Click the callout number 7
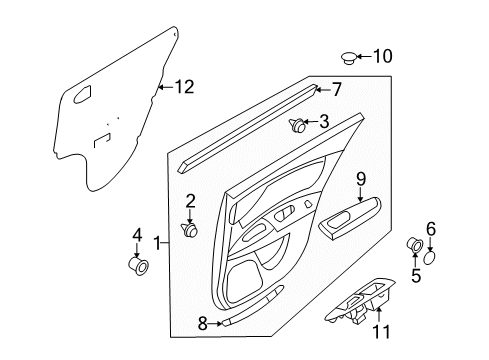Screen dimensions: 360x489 [x=337, y=89]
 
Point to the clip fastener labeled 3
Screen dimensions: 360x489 [x=299, y=125]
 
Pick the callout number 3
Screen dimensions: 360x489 [x=325, y=123]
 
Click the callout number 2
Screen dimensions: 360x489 [x=190, y=201]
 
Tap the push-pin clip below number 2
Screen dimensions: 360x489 [x=190, y=231]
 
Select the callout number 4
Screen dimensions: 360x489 [x=137, y=236]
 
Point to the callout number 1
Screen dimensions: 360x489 [x=157, y=242]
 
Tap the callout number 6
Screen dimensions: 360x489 [x=431, y=229]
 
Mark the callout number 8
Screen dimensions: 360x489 [x=202, y=323]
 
